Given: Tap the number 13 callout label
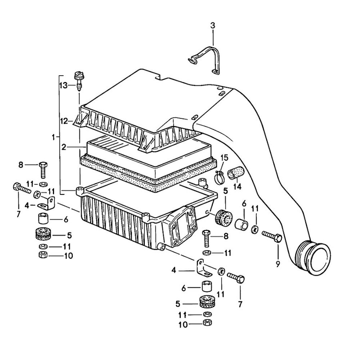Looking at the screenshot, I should coord(63,85).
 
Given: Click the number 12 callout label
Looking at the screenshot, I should coord(64,121).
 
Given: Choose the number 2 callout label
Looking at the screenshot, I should coord(64,147).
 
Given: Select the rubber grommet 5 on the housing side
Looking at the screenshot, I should coord(223,217).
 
